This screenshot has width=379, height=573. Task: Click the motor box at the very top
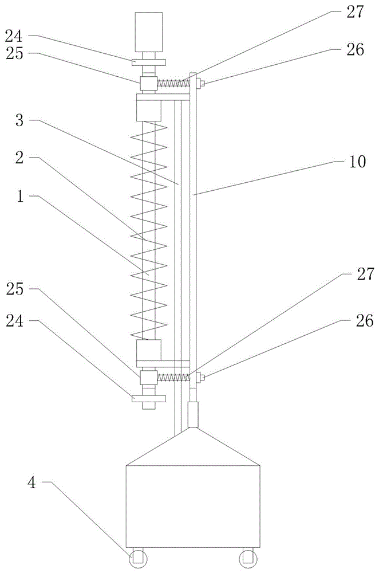click(x=148, y=32)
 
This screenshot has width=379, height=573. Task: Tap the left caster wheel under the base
click(x=138, y=558)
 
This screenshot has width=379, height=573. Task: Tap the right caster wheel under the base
click(x=248, y=558)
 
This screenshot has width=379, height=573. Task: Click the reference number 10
click(x=357, y=162)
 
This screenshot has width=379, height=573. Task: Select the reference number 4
click(x=32, y=482)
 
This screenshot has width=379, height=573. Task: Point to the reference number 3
click(x=19, y=120)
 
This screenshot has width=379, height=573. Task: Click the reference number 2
click(x=19, y=158)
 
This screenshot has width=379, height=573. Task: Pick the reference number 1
click(x=20, y=196)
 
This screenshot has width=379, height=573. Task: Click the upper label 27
click(x=356, y=12)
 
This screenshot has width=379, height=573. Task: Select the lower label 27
click(x=365, y=274)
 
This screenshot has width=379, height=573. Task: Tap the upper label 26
click(x=356, y=49)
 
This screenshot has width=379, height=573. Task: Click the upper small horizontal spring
click(x=173, y=83)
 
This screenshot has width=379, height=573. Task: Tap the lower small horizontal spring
click(x=173, y=377)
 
